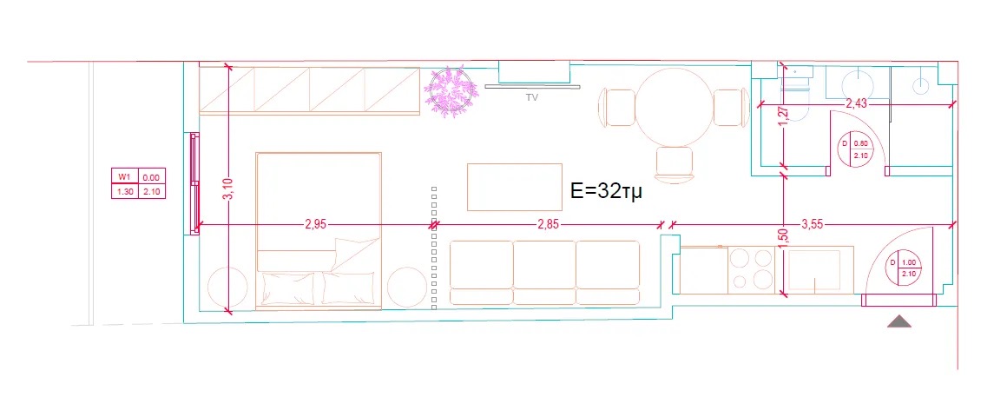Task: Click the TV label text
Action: tap(532, 98)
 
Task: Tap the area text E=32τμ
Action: tap(607, 192)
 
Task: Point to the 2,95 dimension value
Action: tap(315, 224)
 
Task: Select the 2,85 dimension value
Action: tap(549, 224)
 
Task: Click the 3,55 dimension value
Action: tap(812, 224)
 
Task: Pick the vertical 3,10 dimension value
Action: tap(228, 189)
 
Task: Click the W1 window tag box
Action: tap(137, 184)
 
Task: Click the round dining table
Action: tap(674, 107)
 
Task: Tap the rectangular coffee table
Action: tap(514, 186)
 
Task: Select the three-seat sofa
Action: tap(544, 272)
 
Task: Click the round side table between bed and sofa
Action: tap(405, 286)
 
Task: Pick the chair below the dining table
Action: tap(675, 164)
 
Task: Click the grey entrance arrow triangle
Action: tap(899, 321)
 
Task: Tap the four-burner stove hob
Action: tap(752, 268)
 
